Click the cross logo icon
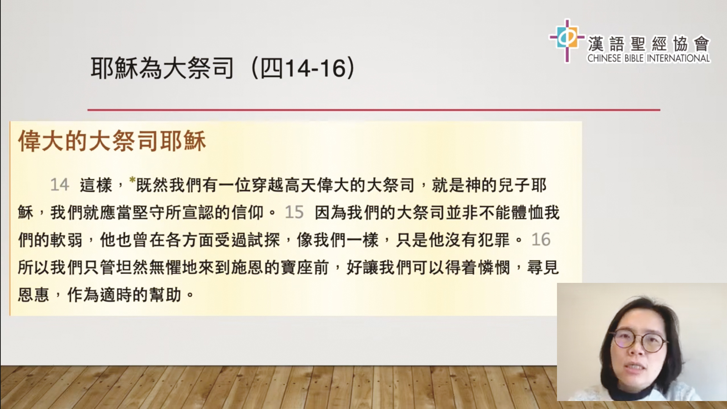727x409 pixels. [566, 39]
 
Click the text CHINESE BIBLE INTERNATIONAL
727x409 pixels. [649, 58]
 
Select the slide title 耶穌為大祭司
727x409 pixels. [162, 69]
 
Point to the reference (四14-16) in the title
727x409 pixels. [303, 69]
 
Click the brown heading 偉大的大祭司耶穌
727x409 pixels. [112, 141]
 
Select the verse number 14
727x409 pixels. [59, 185]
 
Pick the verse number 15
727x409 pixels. [294, 212]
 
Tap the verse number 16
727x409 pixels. [541, 240]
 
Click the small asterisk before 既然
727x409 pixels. [132, 180]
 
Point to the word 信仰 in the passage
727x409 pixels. [248, 212]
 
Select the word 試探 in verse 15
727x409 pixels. [264, 240]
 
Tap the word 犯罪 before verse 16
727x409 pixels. [494, 240]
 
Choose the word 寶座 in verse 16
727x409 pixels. [296, 267]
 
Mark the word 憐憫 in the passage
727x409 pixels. [494, 267]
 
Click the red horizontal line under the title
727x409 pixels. [374, 110]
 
